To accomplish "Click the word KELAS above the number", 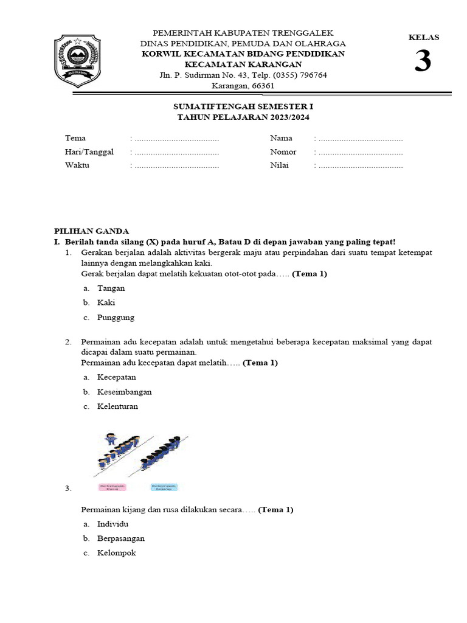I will tap(423, 38).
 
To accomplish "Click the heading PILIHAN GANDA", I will tap(91, 231).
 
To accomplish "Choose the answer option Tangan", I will tap(111, 288).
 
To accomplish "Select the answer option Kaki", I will tap(106, 302).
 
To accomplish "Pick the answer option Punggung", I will tap(116, 318).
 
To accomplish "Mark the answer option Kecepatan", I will tap(117, 377).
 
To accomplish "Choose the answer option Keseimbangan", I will tap(124, 392).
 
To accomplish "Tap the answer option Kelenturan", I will tap(117, 406).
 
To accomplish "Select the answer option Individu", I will tap(112, 524).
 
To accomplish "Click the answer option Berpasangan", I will tap(120, 538).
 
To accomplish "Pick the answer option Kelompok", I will tap(116, 553).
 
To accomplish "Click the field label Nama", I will tap(281, 138).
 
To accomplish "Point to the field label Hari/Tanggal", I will tap(89, 152).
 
